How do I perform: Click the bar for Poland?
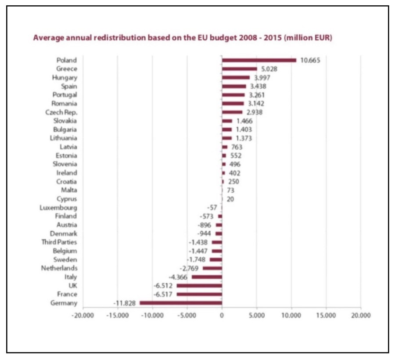click(x=259, y=60)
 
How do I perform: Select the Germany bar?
click(x=181, y=303)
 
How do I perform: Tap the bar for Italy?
click(x=207, y=277)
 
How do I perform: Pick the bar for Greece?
click(x=240, y=69)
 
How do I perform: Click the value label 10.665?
click(x=310, y=60)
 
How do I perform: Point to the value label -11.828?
click(x=126, y=303)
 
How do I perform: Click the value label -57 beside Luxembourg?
click(x=212, y=207)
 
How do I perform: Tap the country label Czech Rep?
click(x=61, y=112)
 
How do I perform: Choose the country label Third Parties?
click(x=59, y=242)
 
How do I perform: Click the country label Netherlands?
click(x=59, y=268)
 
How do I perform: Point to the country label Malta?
click(x=69, y=190)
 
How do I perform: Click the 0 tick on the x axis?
click(x=222, y=315)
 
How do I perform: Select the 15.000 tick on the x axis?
click(x=325, y=315)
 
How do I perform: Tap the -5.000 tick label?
click(x=187, y=315)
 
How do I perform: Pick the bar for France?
click(x=199, y=294)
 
